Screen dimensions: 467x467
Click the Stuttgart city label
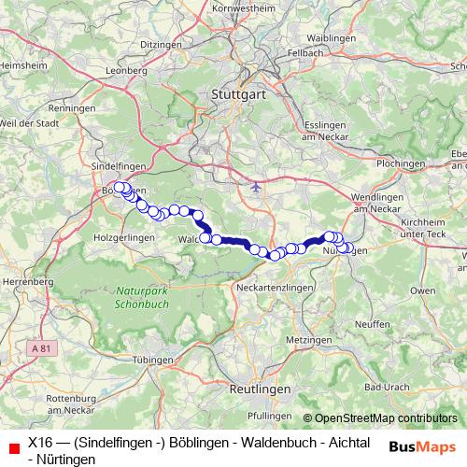coord(239,94)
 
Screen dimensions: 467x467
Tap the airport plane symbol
coord(257,187)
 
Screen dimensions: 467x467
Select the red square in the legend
coord(12,447)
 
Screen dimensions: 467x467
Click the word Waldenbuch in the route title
coord(213,441)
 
